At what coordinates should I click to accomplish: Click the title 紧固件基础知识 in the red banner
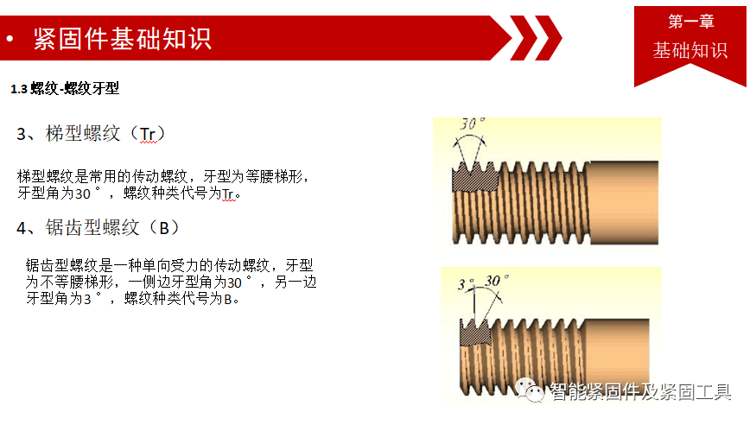click(123, 39)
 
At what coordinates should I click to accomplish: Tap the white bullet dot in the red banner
click(10, 39)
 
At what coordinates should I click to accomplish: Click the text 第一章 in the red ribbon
click(691, 22)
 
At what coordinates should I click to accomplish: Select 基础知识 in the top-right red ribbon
click(690, 50)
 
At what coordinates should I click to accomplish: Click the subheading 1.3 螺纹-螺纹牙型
click(65, 89)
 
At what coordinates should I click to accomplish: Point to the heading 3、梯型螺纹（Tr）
click(91, 134)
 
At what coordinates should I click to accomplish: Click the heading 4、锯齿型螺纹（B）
click(98, 227)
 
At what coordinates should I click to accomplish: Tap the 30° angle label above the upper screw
click(472, 124)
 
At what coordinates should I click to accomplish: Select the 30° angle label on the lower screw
click(496, 281)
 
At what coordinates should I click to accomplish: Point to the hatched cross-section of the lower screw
click(475, 333)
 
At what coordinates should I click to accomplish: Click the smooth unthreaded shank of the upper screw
click(624, 202)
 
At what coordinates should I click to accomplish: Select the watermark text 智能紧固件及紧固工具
click(640, 392)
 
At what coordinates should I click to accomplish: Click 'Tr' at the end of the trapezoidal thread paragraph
click(227, 193)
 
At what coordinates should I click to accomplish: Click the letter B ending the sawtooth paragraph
click(228, 299)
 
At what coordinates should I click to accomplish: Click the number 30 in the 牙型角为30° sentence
click(82, 193)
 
